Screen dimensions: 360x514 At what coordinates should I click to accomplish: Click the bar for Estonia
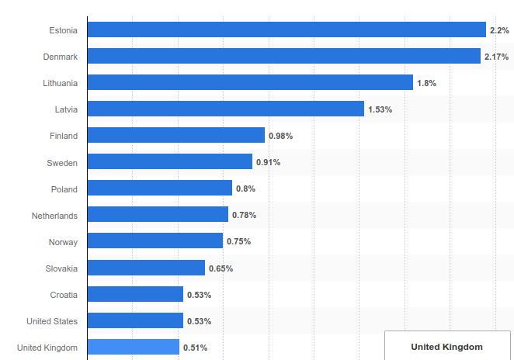(287, 29)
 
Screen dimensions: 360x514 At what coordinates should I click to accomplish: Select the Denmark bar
(283, 56)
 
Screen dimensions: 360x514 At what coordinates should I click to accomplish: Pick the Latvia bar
(225, 109)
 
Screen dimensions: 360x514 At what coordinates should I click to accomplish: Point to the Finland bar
(175, 135)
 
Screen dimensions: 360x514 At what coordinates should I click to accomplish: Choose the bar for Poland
(159, 188)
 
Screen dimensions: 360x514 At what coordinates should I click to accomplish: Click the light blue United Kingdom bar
(133, 347)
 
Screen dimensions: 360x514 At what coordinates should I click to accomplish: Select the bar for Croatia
(135, 294)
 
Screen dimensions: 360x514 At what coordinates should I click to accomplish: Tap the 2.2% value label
(498, 30)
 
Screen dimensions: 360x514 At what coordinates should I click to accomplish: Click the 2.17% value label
(496, 57)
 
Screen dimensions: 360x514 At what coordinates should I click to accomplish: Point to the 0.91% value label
(268, 162)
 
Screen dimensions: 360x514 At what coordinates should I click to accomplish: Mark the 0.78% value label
(244, 215)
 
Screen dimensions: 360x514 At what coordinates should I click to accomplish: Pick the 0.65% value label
(221, 268)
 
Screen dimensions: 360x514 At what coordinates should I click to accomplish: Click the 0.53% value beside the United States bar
(199, 321)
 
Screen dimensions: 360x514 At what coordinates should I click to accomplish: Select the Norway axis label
(63, 242)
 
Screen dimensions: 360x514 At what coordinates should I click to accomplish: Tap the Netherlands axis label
(54, 215)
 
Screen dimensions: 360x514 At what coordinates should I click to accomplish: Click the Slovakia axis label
(61, 268)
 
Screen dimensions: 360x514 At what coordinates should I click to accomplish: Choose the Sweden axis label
(62, 162)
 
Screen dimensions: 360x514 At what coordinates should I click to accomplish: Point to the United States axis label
(52, 321)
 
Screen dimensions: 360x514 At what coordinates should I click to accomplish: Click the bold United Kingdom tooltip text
(446, 347)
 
